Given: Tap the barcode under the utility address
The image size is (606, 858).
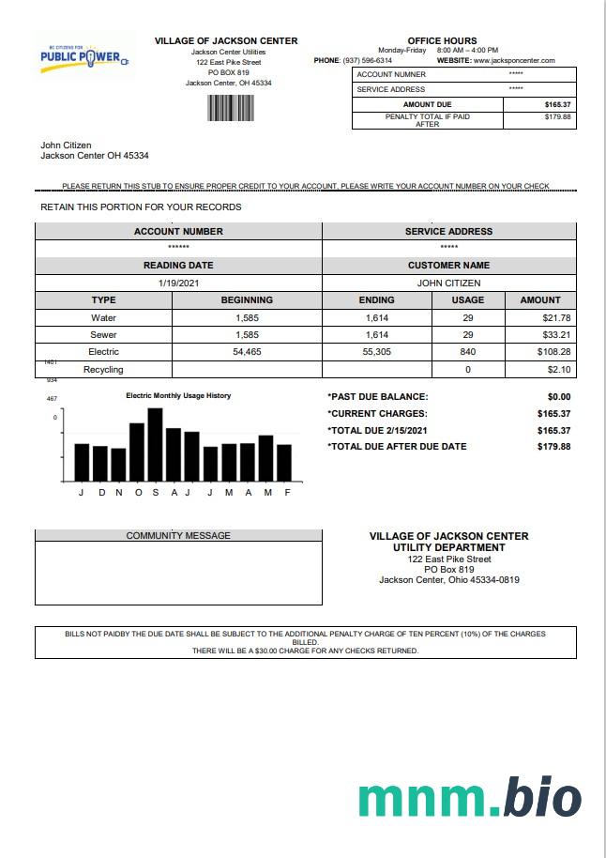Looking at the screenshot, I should (x=225, y=108).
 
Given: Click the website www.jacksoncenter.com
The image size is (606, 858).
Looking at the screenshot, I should (x=514, y=60).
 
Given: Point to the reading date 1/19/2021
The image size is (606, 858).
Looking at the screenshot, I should (x=178, y=283).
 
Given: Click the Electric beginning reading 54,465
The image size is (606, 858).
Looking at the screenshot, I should (x=247, y=352).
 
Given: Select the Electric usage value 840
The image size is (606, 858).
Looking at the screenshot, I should (x=468, y=352).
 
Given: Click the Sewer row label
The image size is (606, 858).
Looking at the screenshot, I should (x=103, y=335).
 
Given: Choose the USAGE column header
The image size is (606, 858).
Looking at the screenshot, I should (x=468, y=300).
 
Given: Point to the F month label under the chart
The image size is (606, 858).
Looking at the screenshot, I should (x=287, y=493).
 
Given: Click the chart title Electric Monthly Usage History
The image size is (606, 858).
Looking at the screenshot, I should (x=178, y=396).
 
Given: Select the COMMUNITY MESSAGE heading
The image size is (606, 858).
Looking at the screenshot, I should (x=178, y=536).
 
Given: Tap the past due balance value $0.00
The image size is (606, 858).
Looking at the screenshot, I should (x=558, y=397).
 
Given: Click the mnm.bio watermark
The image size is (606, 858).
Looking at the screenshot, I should (x=469, y=797).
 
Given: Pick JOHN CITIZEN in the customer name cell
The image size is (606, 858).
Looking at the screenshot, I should (x=448, y=283).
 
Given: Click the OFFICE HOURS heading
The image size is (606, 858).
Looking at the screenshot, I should (x=448, y=41).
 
